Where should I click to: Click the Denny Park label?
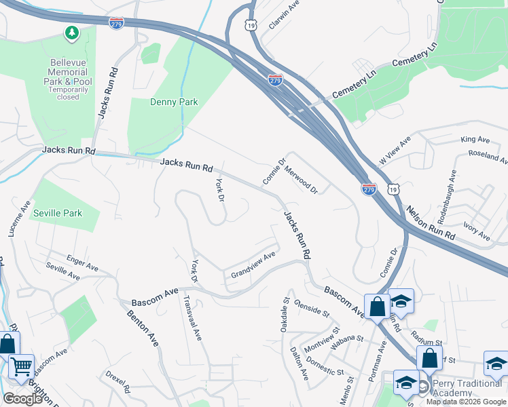[x=173, y=102]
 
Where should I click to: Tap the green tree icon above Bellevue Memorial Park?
[x=71, y=33]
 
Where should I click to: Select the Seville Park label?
[x=58, y=213]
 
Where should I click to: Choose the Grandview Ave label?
[x=253, y=265]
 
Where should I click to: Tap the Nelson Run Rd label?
[x=431, y=223]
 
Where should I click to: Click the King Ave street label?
[x=475, y=140]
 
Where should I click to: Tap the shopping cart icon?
[x=22, y=367]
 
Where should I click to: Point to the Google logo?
[x=22, y=399]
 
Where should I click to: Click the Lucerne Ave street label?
[x=19, y=218]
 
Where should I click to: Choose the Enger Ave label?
[x=81, y=260]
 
